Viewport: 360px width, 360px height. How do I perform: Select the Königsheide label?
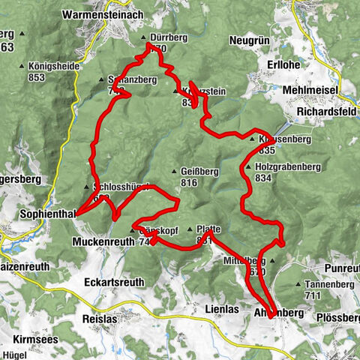point(55,66)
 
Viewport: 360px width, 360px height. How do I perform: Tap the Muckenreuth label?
point(103,242)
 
